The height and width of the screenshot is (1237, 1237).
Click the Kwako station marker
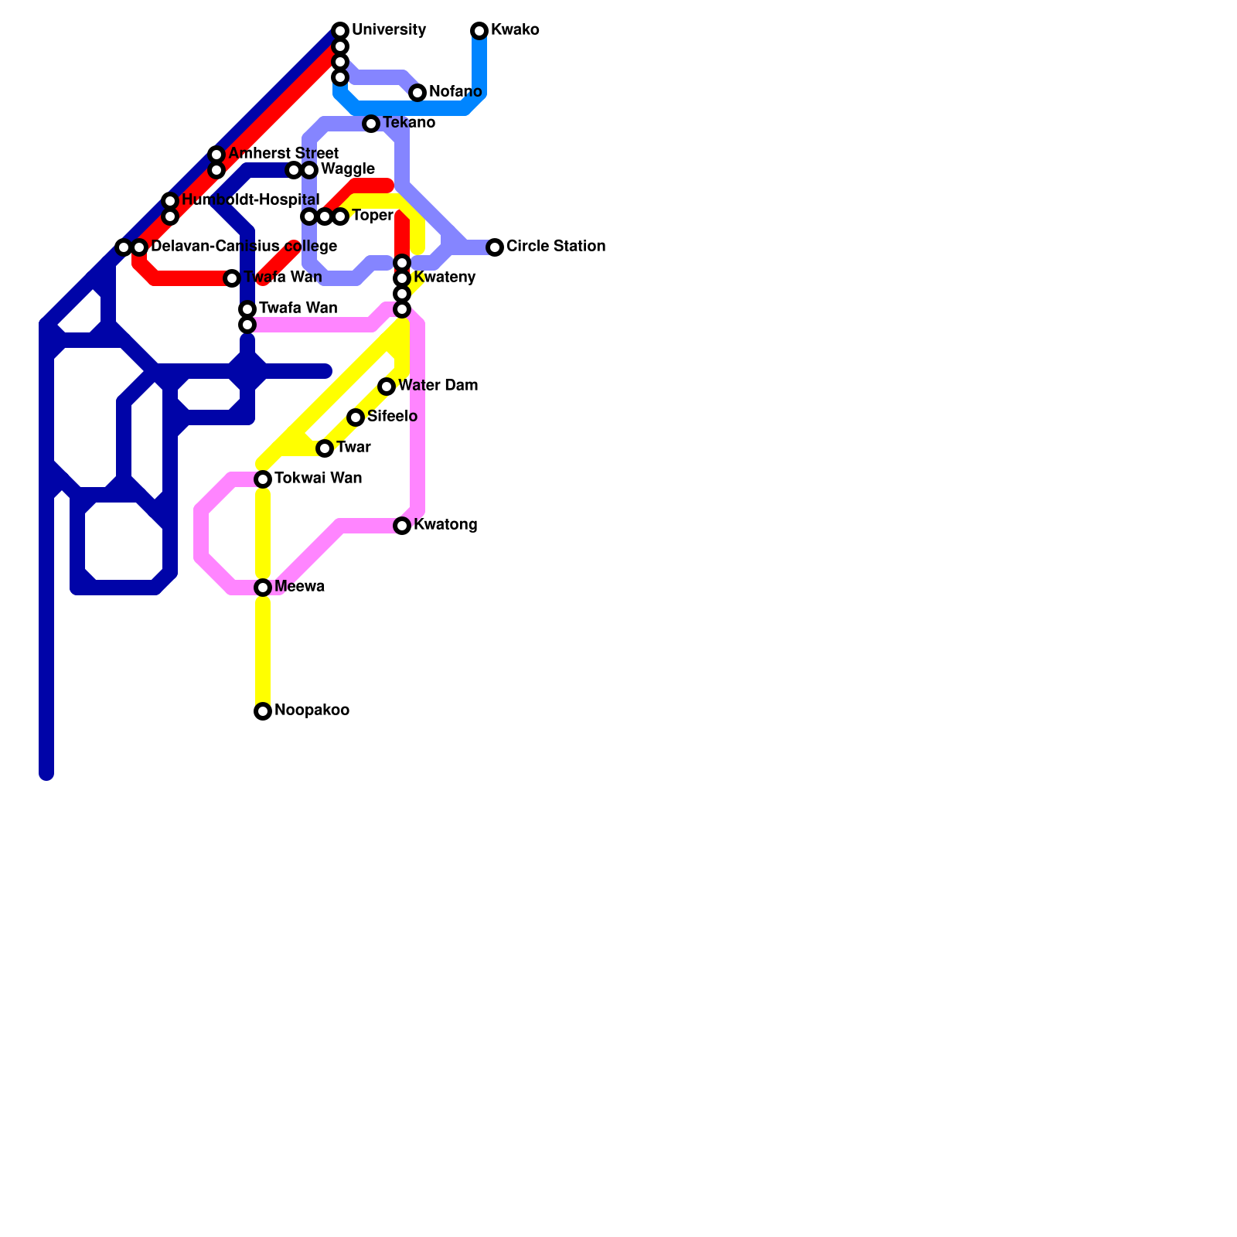click(479, 31)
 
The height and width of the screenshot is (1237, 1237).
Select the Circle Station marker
click(495, 247)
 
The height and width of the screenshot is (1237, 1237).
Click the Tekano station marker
click(371, 124)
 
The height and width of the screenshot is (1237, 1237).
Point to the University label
click(388, 30)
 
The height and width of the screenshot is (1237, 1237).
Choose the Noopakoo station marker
click(263, 711)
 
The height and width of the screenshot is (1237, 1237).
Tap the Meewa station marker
click(263, 588)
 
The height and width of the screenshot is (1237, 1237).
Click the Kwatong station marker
click(402, 526)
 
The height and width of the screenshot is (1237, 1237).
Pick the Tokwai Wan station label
click(318, 479)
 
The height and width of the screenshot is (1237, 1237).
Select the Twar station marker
click(325, 448)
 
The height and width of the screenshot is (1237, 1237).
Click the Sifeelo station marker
click(356, 417)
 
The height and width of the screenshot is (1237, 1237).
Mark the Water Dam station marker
click(387, 387)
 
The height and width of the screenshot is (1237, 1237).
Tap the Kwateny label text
click(444, 278)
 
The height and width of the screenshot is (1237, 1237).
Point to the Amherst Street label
click(283, 154)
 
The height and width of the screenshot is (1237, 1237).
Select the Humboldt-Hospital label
click(250, 200)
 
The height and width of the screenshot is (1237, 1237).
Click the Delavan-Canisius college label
click(244, 247)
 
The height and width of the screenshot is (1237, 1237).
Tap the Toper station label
click(372, 216)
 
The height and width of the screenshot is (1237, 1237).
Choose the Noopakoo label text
click(312, 711)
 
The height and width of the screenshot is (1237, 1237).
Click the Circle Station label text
click(555, 247)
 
